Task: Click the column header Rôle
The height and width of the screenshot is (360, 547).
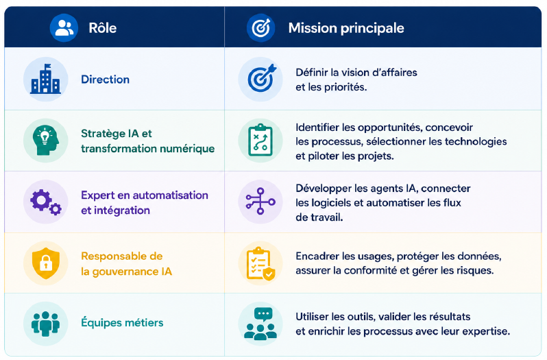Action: [102, 28]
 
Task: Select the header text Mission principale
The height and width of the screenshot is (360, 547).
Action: [346, 28]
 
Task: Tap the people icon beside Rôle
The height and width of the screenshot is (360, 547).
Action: [64, 28]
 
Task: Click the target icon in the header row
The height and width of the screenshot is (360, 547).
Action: [260, 28]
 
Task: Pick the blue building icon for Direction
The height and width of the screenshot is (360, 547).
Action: [46, 79]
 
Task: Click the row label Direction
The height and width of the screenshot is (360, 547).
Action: [105, 79]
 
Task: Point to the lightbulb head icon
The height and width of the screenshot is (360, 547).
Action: [46, 141]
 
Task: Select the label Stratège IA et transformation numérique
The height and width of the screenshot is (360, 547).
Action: [147, 141]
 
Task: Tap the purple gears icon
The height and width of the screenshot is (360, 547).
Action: [46, 202]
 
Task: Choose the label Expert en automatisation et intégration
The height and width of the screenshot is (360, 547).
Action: [145, 203]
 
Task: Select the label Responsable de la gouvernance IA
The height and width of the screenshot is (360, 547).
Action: [126, 264]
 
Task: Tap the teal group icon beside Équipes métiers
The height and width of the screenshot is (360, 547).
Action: [45, 324]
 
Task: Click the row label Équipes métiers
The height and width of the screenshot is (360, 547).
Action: [122, 322]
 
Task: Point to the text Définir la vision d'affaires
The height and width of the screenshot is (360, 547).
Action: [356, 73]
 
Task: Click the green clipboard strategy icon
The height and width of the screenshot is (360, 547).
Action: [260, 141]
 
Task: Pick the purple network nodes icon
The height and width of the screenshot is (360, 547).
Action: [260, 202]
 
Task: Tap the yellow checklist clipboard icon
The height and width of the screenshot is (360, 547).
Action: [260, 263]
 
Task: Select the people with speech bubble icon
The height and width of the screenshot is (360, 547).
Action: [260, 324]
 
